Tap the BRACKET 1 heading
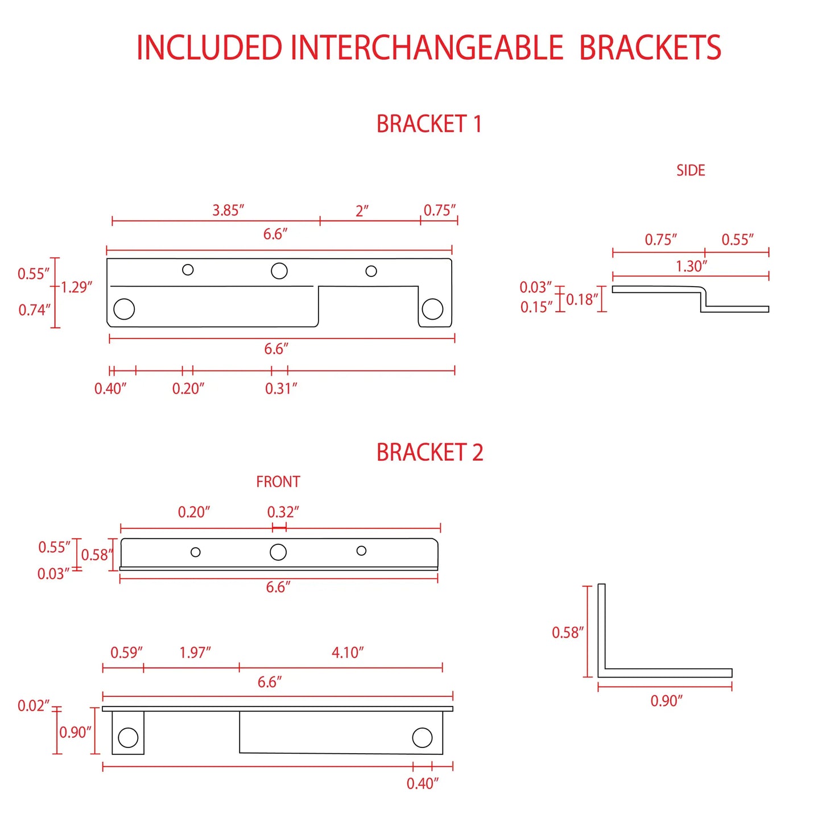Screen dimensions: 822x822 [x=429, y=124]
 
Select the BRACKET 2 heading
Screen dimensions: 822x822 [x=429, y=452]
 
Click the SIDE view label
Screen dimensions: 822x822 [x=690, y=170]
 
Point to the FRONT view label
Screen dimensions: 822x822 [x=278, y=482]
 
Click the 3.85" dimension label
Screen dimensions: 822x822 [x=228, y=210]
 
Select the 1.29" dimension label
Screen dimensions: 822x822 [x=76, y=287]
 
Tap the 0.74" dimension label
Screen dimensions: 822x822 [x=35, y=309]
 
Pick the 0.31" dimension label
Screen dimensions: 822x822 [x=280, y=389]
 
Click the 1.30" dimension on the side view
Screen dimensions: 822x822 [x=692, y=266]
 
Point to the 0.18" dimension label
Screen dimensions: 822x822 [x=583, y=299]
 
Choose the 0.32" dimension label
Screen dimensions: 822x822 [x=283, y=512]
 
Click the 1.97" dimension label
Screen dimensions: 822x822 [x=195, y=652]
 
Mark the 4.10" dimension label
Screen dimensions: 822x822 [x=348, y=652]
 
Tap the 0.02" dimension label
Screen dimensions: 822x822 [x=34, y=706]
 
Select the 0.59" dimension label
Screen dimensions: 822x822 [x=126, y=652]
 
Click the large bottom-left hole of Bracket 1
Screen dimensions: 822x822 [x=124, y=309]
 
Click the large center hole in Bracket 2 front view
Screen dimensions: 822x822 [x=278, y=552]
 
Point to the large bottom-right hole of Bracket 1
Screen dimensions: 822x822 [x=432, y=309]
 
